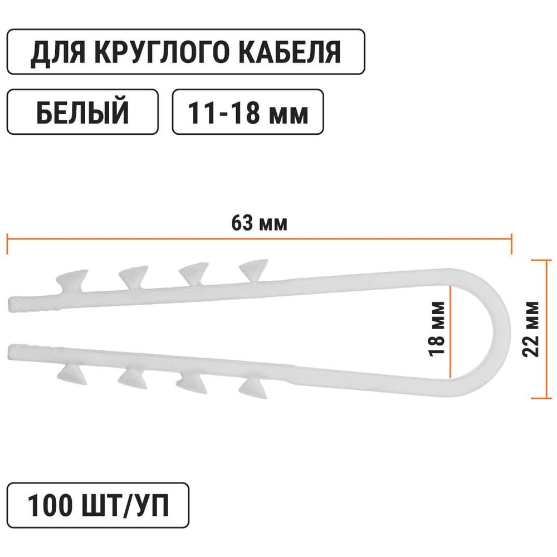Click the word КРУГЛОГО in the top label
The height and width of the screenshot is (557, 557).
click(162, 52)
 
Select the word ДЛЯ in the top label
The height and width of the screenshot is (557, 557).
click(57, 53)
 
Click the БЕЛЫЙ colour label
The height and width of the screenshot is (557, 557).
click(82, 111)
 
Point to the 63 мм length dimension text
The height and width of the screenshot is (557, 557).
click(259, 223)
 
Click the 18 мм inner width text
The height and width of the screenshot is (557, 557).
click(437, 329)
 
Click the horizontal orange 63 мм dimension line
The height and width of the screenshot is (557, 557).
click(260, 239)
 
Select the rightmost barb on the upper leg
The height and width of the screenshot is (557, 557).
click(253, 271)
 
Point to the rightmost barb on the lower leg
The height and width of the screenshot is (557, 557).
click(253, 387)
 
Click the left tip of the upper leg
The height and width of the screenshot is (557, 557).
click(8, 305)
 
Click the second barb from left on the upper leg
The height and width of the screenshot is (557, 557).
click(134, 277)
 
